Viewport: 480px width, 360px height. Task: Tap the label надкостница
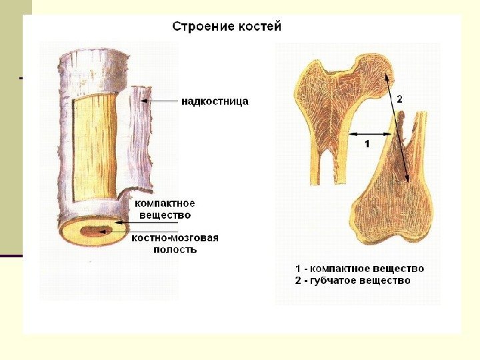215,101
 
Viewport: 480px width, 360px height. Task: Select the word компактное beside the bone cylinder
165,203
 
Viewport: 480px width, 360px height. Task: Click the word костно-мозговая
175,238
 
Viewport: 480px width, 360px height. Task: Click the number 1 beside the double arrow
366,143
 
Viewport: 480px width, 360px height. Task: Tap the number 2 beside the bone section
399,99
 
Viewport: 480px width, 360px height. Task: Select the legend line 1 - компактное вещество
359,268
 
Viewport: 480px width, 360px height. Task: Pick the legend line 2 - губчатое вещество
353,281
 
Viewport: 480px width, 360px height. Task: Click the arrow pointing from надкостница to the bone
160,101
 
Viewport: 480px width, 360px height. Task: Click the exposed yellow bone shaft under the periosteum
93,147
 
